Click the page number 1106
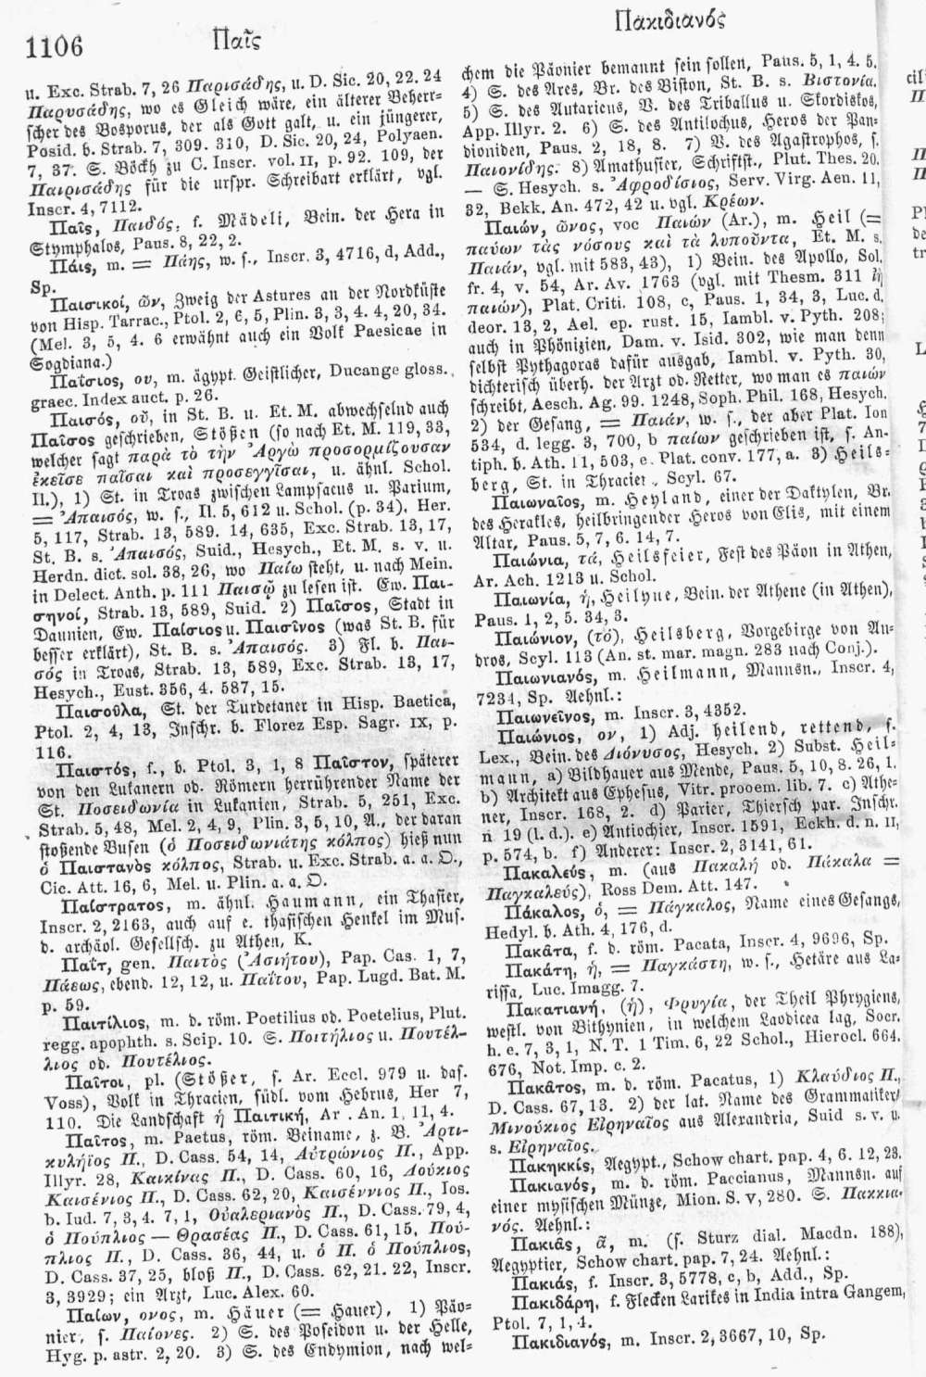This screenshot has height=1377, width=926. pos(56,44)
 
